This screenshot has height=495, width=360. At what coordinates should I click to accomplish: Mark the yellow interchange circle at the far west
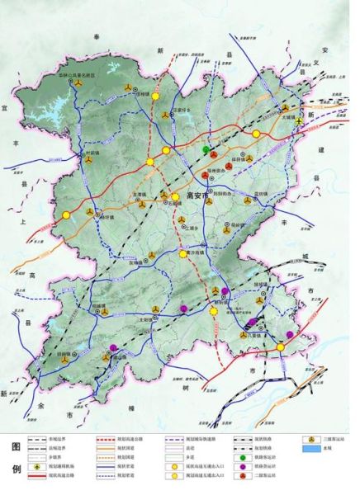pyautogui.click(x=62, y=216)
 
